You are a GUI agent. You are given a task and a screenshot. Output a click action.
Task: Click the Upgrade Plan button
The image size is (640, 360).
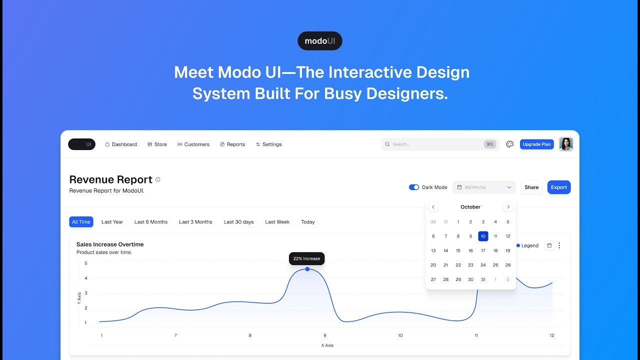click(x=536, y=144)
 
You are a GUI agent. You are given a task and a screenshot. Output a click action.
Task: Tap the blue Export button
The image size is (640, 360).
click(x=558, y=187)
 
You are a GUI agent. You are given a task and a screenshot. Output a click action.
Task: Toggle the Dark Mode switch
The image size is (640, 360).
click(x=414, y=187)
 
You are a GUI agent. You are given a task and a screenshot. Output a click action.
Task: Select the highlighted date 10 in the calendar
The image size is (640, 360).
click(x=483, y=236)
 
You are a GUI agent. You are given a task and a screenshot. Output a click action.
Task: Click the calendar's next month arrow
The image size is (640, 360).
click(x=508, y=207)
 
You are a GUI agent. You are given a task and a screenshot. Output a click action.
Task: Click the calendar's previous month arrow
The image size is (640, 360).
click(x=433, y=207)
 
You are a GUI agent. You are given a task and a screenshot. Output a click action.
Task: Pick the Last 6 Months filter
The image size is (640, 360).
click(x=151, y=222)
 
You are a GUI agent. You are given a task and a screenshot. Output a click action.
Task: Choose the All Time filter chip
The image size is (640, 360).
click(x=81, y=222)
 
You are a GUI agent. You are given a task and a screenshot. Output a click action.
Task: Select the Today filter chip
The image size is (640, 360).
click(x=308, y=222)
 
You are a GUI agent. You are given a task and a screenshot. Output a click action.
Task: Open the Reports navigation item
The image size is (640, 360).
click(x=232, y=144)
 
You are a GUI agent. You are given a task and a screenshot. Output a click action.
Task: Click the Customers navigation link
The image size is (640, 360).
click(x=193, y=144)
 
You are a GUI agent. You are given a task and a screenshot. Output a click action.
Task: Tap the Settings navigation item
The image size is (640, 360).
click(x=269, y=144)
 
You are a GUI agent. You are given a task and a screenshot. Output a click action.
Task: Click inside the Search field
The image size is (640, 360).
click(x=435, y=144)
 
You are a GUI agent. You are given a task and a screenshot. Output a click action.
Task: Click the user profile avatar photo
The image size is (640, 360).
click(x=566, y=144)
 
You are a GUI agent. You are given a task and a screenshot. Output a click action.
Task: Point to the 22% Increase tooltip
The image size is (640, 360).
click(x=307, y=258)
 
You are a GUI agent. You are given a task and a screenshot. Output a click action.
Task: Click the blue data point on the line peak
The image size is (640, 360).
click(x=307, y=269)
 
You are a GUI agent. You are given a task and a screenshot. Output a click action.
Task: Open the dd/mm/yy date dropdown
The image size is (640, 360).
click(x=484, y=187)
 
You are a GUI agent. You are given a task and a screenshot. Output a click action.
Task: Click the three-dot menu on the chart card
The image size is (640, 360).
click(x=559, y=245)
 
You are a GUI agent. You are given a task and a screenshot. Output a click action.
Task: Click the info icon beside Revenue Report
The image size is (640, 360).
click(x=158, y=179)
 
